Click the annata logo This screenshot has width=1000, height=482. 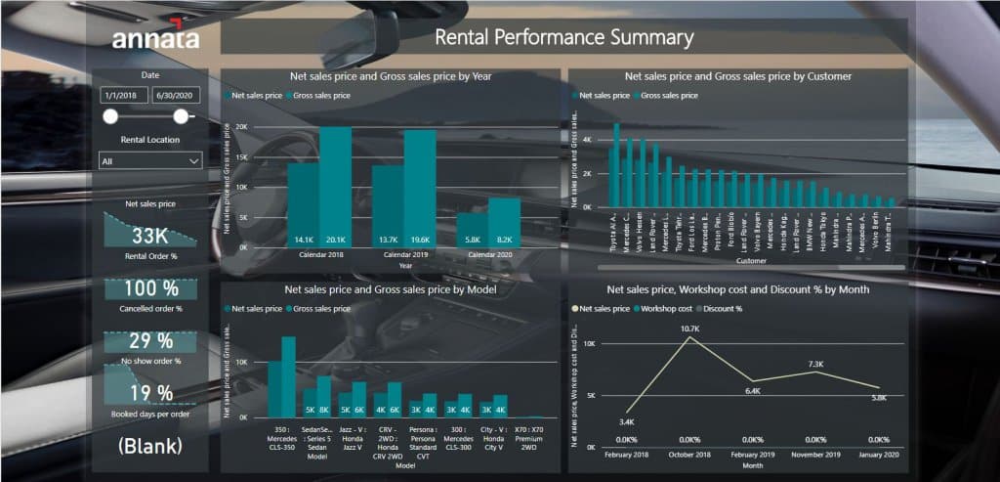tap(155, 37)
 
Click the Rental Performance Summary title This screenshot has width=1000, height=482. tap(563, 38)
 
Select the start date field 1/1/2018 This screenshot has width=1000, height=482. tap(123, 96)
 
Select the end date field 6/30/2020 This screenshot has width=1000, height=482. tap(176, 96)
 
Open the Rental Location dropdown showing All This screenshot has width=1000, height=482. tap(150, 160)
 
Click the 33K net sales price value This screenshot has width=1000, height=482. tap(150, 236)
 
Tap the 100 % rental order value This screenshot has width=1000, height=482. tap(150, 289)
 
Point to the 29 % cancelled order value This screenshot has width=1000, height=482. tap(150, 341)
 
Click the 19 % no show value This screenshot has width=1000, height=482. tap(150, 393)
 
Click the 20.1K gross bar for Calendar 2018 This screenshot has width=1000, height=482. tap(335, 186)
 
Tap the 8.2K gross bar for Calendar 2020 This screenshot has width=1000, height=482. tap(504, 222)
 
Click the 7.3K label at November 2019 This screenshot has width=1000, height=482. tap(816, 372)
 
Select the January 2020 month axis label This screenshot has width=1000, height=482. tap(879, 456)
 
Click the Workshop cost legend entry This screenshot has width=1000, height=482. tap(669, 308)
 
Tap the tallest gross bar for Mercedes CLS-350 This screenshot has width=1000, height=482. tap(288, 377)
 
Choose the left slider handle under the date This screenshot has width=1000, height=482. tap(110, 117)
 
